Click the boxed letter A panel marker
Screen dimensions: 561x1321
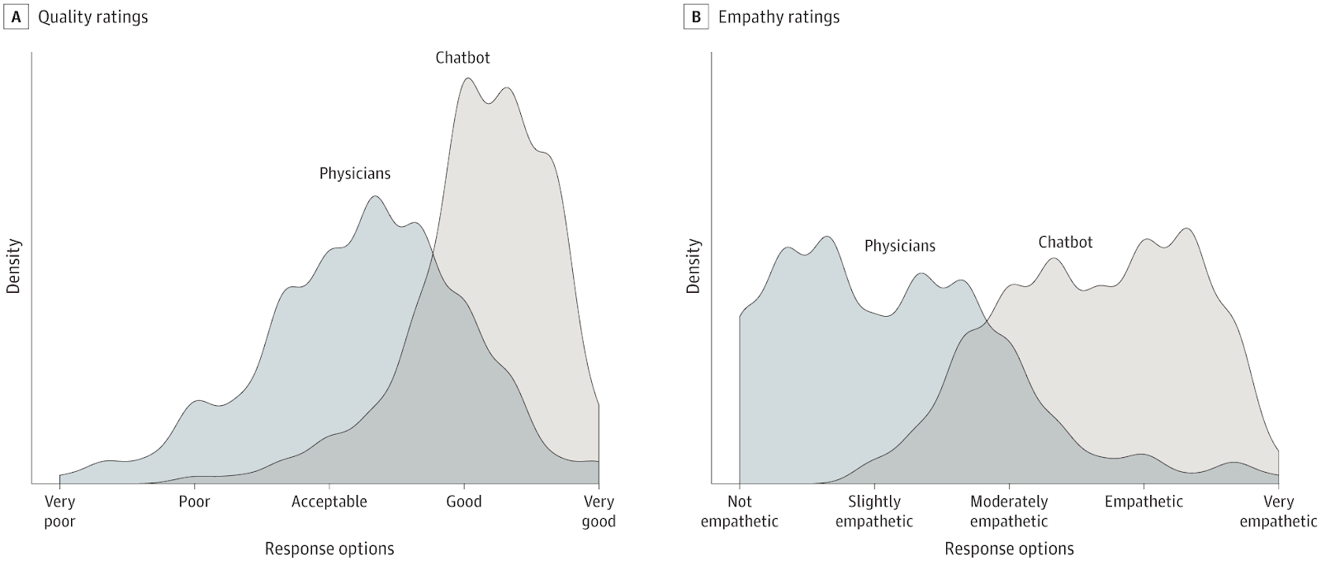coord(16,16)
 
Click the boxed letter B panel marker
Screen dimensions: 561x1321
coord(696,16)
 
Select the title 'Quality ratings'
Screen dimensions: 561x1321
coord(93,16)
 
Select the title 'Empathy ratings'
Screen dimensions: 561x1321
coord(779,16)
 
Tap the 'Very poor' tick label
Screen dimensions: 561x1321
coord(59,511)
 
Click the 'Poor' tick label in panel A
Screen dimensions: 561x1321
coord(194,502)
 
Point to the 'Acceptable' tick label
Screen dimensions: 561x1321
coord(329,502)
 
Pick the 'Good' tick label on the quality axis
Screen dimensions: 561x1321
coord(464,502)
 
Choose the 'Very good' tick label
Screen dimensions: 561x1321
coord(599,511)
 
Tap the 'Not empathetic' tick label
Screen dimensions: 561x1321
coord(740,511)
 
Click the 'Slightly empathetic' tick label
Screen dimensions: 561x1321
coord(874,511)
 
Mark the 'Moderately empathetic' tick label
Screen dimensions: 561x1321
coord(1009,511)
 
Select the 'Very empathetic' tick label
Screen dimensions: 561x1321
coord(1278,511)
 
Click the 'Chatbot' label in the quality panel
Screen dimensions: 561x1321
coord(462,58)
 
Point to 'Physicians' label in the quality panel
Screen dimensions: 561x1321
coord(355,174)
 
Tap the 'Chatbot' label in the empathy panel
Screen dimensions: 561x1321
coord(1065,242)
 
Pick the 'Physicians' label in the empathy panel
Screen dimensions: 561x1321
coord(900,246)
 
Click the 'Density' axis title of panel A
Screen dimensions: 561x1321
coord(14,266)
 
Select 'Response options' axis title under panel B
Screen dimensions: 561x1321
coord(1009,549)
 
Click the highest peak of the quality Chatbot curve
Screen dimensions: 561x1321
coord(468,78)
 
